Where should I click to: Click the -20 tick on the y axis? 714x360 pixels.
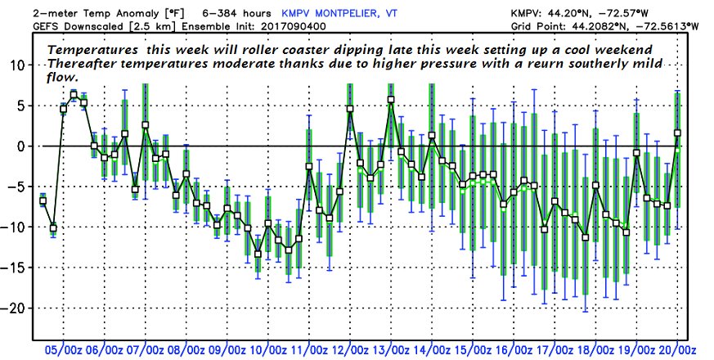[x=16, y=308]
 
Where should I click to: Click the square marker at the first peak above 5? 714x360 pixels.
[x=74, y=96]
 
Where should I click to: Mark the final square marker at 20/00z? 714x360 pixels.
[x=677, y=133]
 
